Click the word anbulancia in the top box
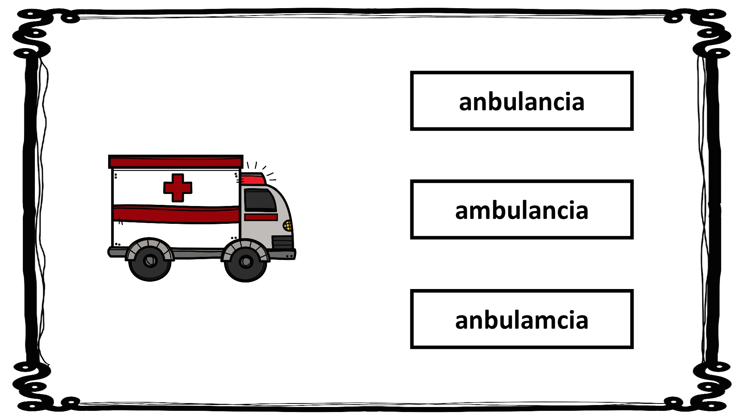pos(522,102)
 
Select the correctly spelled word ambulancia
pos(522,210)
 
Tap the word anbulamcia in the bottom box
pos(522,320)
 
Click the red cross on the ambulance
pos(177,188)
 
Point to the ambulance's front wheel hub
pos(246,262)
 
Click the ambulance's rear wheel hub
pos(150,261)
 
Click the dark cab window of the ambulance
pos(259,201)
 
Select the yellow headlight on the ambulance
pos(288,225)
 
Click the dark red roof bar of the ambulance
pos(176,162)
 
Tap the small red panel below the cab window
pos(261,217)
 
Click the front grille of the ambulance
pos(282,242)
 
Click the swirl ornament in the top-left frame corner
pos(33,33)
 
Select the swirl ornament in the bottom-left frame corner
pos(33,386)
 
